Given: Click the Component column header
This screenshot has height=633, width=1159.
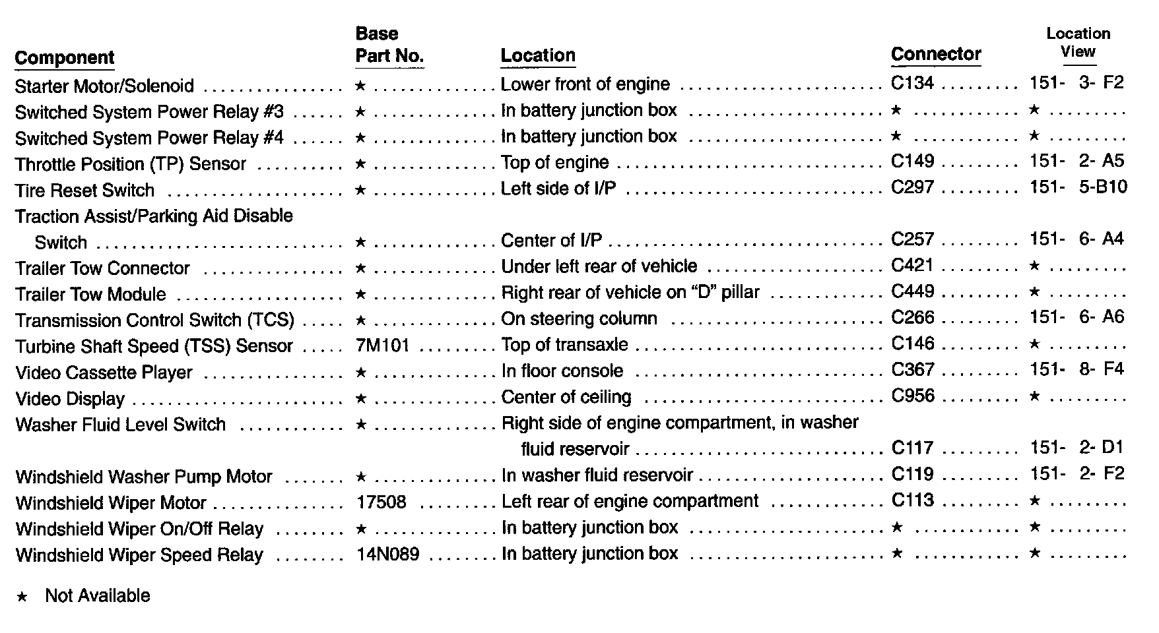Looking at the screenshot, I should pos(64,58).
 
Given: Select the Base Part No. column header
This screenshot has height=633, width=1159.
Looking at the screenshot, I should pos(389,45).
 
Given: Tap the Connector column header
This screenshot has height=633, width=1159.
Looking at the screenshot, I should pos(936,54).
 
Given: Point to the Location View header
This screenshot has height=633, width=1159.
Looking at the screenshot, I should pos(1078,43).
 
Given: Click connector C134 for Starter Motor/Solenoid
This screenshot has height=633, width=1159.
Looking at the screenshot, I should pos(912,83).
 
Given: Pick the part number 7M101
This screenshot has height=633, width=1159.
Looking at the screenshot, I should pos(382,346).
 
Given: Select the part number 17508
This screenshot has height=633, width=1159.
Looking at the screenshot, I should pos(381,502).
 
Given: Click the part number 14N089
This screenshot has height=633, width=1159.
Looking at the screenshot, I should pos(387,554).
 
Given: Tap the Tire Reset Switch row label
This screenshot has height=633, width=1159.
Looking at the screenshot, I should pos(84,191).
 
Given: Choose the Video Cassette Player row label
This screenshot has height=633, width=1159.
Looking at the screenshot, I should pos(104,373).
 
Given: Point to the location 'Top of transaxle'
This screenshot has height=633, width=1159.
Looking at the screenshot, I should pos(564,345).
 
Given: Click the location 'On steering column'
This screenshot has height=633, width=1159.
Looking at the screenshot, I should pos(579,319).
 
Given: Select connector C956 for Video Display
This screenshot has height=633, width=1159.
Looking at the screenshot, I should pos(913,396).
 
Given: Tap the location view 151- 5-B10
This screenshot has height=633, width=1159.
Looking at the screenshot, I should pos(1078,188).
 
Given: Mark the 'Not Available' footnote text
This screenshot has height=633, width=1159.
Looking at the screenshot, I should pos(97,596).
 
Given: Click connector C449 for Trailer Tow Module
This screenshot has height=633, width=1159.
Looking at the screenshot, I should pos(913,291).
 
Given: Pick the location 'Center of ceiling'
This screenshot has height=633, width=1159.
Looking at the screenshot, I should pos(566,397).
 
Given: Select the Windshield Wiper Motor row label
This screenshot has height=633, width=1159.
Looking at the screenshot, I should pos(111,503).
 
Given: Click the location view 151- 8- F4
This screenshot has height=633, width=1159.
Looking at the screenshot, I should pos(1076,369).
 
